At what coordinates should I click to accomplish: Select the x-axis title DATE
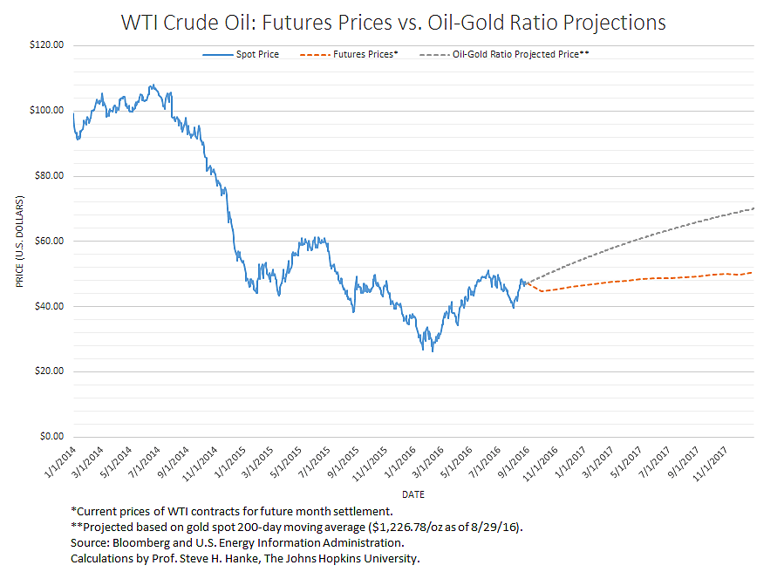coord(413,494)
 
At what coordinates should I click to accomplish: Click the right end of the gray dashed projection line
coord(753,208)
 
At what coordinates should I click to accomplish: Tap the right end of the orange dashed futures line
coord(753,272)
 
